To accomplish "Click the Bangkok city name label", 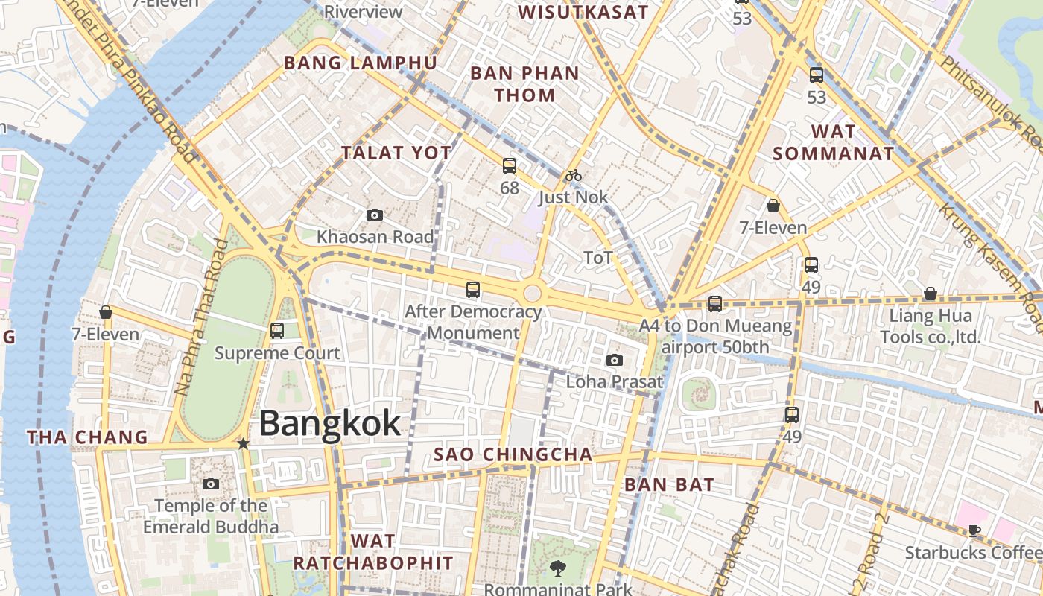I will (x=330, y=424).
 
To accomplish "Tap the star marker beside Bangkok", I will (x=243, y=443).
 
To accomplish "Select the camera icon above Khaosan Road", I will (x=375, y=215).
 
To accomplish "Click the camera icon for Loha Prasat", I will (x=615, y=361).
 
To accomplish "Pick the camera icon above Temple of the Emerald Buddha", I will (x=211, y=484).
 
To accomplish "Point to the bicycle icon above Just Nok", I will (x=573, y=176).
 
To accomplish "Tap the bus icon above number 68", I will (x=510, y=165).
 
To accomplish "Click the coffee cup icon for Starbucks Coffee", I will (x=974, y=530).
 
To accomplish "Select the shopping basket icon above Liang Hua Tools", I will (x=931, y=294).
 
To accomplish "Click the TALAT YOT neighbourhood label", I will (x=396, y=153).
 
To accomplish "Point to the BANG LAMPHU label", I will (x=360, y=63).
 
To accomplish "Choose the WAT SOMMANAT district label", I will (x=833, y=143).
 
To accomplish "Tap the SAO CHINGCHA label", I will (x=513, y=454).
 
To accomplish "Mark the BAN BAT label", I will (x=669, y=484).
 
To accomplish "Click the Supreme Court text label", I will (x=277, y=353).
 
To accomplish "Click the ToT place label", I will (x=597, y=258).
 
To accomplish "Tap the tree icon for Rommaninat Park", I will (x=557, y=568).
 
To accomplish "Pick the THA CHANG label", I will (x=88, y=437).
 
